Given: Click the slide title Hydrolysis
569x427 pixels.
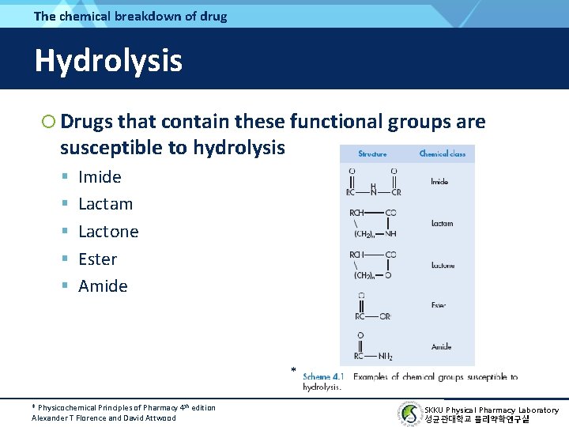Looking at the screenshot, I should (108, 61).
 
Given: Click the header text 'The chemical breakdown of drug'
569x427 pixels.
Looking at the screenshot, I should (130, 16).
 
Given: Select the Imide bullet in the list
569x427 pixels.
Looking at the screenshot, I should (100, 177).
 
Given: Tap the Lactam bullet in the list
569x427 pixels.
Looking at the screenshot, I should (105, 204).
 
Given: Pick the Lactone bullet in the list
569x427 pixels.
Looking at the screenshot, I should (108, 232).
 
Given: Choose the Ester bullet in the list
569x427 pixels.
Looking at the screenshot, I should (97, 259).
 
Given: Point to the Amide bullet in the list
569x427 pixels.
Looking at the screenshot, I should (103, 286).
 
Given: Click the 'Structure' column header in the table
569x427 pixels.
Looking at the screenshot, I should (372, 153).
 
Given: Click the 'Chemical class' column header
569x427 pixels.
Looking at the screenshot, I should (442, 153).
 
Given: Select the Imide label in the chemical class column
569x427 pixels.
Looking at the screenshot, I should (439, 182).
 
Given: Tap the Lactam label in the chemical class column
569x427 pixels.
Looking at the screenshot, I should (442, 224).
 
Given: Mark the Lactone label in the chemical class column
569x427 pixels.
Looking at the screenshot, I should (442, 266).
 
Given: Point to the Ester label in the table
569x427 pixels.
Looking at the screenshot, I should (439, 304).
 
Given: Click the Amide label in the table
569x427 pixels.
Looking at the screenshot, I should (441, 346).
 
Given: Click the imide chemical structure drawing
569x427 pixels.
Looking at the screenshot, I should (373, 181).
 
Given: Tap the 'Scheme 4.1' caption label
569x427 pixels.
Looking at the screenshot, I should (322, 377).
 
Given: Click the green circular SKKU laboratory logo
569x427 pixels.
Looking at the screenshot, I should (409, 414).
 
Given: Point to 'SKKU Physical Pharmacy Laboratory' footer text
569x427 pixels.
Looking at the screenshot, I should (491, 410).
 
